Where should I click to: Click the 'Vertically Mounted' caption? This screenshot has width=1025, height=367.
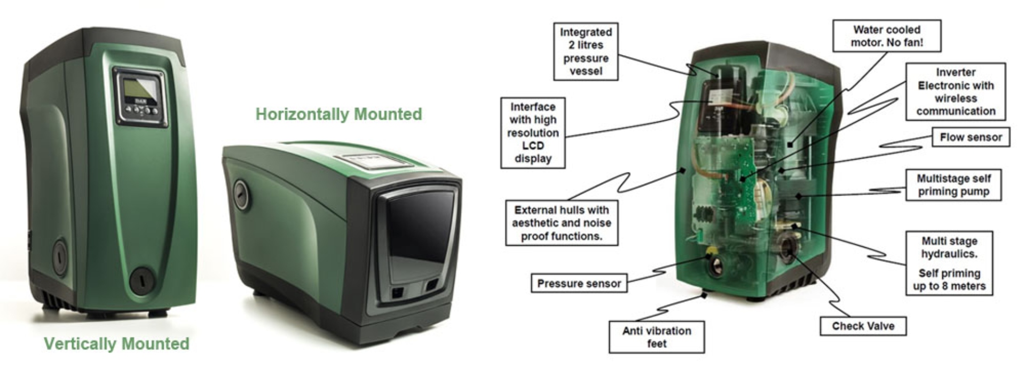point(116,343)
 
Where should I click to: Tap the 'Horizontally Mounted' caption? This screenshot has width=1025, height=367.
point(338,114)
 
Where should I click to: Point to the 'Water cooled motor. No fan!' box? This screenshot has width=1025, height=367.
point(887,36)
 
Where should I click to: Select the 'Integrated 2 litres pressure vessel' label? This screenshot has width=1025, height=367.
point(586,52)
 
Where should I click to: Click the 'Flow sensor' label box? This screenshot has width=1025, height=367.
point(971,137)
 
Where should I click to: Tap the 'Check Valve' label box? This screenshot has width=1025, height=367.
point(863,326)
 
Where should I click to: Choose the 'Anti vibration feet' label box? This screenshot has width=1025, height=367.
point(656,337)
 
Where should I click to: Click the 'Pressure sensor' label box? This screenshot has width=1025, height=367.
point(579,284)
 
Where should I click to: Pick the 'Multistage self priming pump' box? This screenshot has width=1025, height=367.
point(953,185)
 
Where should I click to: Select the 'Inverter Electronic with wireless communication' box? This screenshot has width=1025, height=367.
point(956,91)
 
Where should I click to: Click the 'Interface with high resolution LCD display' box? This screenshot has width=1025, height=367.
point(532,132)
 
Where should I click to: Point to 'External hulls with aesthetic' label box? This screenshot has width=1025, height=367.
point(562,223)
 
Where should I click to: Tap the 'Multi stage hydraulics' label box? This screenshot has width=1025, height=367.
point(949,263)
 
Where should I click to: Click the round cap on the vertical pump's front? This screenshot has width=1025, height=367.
point(143,279)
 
